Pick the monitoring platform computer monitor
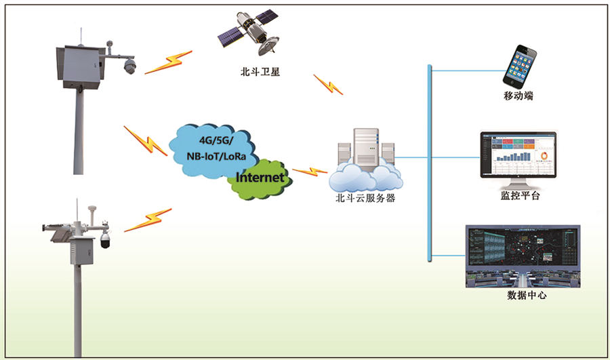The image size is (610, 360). pyautogui.click(x=518, y=156)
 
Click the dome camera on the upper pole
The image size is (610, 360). pyautogui.click(x=129, y=66)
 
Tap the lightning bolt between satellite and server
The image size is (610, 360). pyautogui.click(x=327, y=85)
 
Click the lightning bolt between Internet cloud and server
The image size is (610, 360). pyautogui.click(x=309, y=171)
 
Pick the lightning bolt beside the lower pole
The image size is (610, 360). pyautogui.click(x=147, y=220)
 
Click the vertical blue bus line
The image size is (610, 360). pyautogui.click(x=430, y=163)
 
